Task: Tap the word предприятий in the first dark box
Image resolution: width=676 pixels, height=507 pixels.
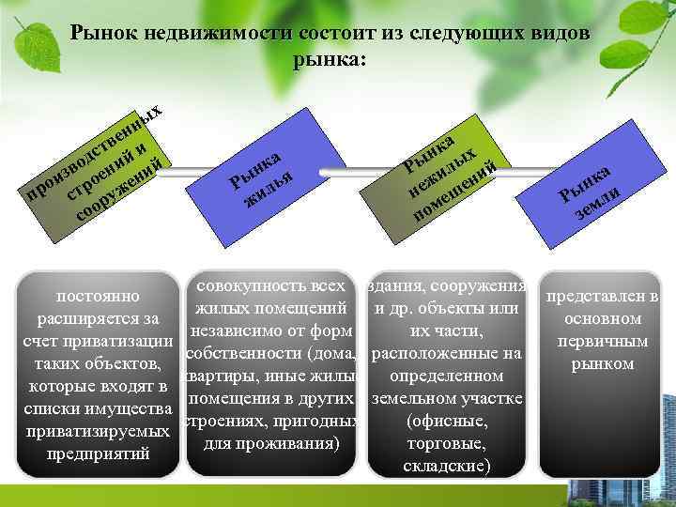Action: point(99,453)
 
